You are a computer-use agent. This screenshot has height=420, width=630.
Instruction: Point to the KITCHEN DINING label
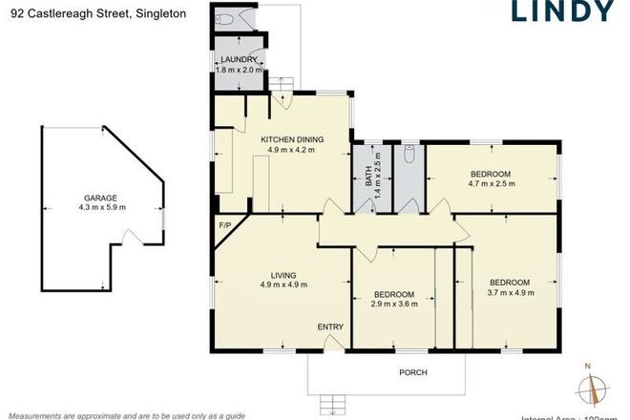[x=292, y=139]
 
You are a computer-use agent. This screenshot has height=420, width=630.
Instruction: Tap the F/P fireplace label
[x=225, y=225]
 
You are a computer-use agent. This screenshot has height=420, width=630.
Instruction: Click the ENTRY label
[x=330, y=327]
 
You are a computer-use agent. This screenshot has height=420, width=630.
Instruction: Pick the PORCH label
[x=413, y=372]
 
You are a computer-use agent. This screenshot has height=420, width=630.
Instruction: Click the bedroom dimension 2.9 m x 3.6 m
[x=393, y=304]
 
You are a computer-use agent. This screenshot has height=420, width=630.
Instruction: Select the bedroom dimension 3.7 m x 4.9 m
[x=509, y=293]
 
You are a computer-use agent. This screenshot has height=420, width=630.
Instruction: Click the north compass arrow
[x=598, y=388]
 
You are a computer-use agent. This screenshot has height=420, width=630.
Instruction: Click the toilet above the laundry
[x=226, y=20]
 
